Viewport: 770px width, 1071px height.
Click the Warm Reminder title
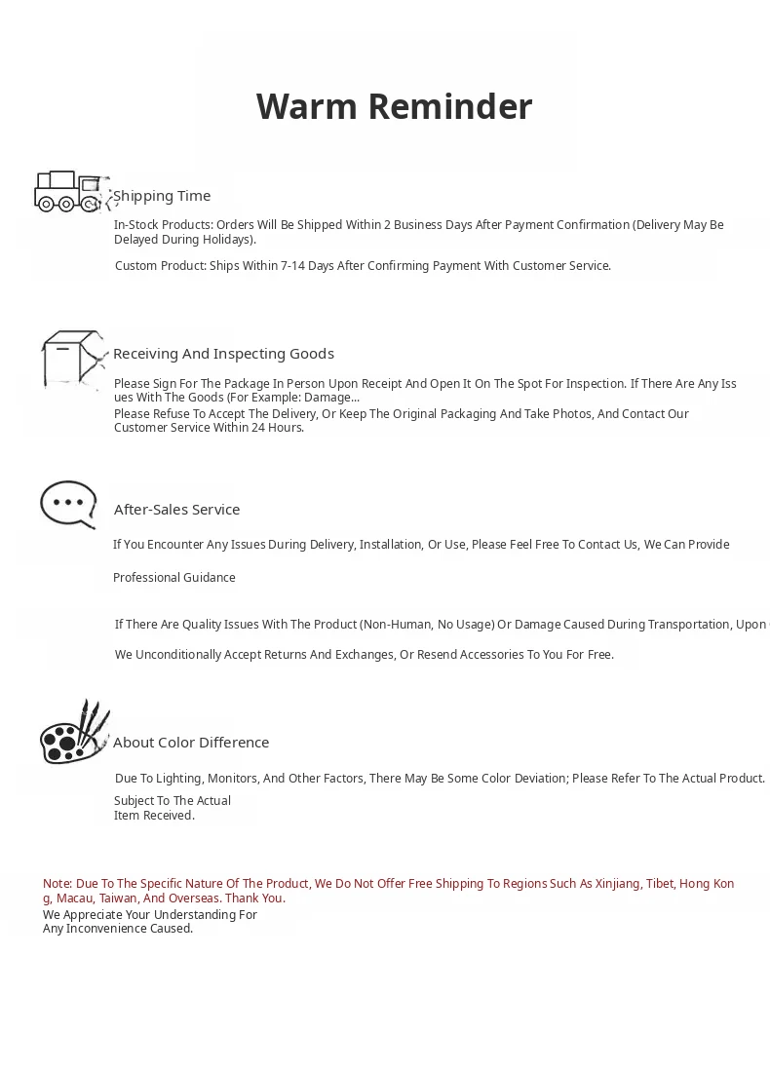coord(394,106)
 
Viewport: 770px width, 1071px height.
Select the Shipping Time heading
coord(162,196)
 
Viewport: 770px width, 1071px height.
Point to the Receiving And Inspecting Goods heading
coord(223,354)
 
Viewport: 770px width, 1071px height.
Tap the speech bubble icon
coord(68,505)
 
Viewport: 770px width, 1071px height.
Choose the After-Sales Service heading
coord(176,510)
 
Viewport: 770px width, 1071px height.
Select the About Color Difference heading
coord(191,743)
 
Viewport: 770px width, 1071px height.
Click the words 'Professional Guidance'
coord(174,578)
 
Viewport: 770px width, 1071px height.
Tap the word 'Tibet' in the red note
coord(660,884)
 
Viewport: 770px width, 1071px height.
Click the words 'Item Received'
coord(153,816)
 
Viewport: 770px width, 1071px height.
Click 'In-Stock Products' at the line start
coord(162,225)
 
